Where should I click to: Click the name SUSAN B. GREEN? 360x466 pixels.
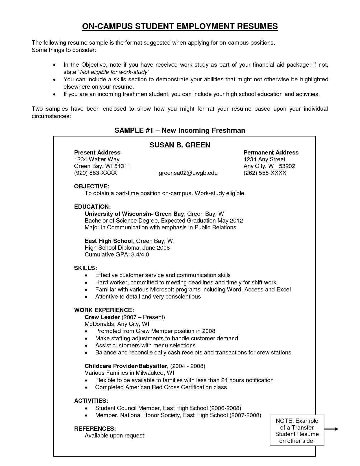click(x=180, y=145)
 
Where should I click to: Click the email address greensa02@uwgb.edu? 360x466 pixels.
click(x=188, y=173)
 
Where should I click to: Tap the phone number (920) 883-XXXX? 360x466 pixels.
click(x=95, y=173)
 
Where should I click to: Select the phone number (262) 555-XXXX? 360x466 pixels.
click(x=265, y=173)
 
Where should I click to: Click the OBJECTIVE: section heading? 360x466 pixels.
click(x=91, y=186)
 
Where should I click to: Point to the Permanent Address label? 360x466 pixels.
click(x=271, y=153)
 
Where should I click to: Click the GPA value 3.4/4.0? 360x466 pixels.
click(x=140, y=254)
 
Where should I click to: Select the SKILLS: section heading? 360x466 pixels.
click(x=86, y=268)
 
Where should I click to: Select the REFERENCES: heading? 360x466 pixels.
click(x=95, y=429)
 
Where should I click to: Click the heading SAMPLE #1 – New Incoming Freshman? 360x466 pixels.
click(x=180, y=130)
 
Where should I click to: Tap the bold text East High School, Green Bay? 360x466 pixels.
click(x=109, y=241)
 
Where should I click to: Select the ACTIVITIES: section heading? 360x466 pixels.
click(x=91, y=401)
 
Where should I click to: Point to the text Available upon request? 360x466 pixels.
click(x=114, y=435)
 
